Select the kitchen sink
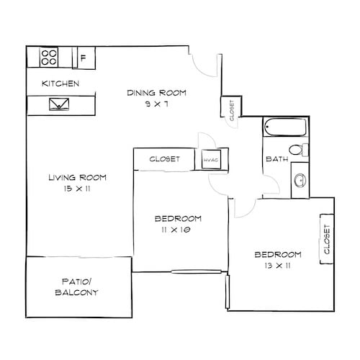pyautogui.click(x=58, y=105)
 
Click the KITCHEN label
pyautogui.click(x=60, y=84)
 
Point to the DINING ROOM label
pyautogui.click(x=157, y=92)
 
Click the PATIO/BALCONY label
pyautogui.click(x=76, y=288)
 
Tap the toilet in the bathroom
pyautogui.click(x=305, y=150)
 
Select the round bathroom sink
pyautogui.click(x=298, y=181)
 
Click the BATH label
pyautogui.click(x=277, y=159)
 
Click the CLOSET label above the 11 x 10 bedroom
pyautogui.click(x=164, y=159)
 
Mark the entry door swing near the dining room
pyautogui.click(x=205, y=63)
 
